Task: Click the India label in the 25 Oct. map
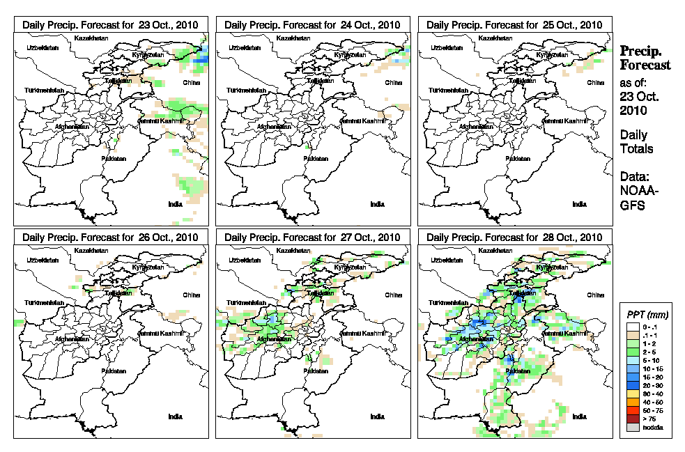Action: point(578,204)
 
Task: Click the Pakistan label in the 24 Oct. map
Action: point(316,158)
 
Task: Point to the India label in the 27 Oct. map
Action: point(376,416)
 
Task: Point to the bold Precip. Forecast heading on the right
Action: point(645,58)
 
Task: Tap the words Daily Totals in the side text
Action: point(636,142)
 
